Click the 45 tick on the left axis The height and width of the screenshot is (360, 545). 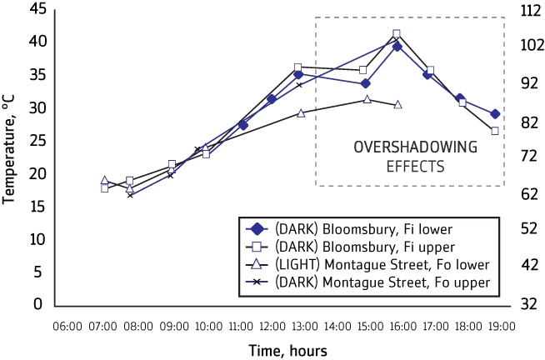tap(35, 9)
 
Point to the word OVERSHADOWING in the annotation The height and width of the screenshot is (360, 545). tap(415, 147)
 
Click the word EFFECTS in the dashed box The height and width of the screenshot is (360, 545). tap(415, 166)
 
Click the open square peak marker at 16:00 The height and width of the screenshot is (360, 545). tap(397, 34)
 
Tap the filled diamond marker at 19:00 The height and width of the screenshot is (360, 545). tap(495, 113)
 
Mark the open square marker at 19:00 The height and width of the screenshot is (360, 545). tap(495, 131)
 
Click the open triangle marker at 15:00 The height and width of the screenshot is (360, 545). tap(367, 99)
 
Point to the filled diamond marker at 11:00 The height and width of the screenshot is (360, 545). tap(242, 125)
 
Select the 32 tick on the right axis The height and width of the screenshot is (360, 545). tap(527, 305)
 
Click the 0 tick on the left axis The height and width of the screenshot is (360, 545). tap(38, 305)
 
